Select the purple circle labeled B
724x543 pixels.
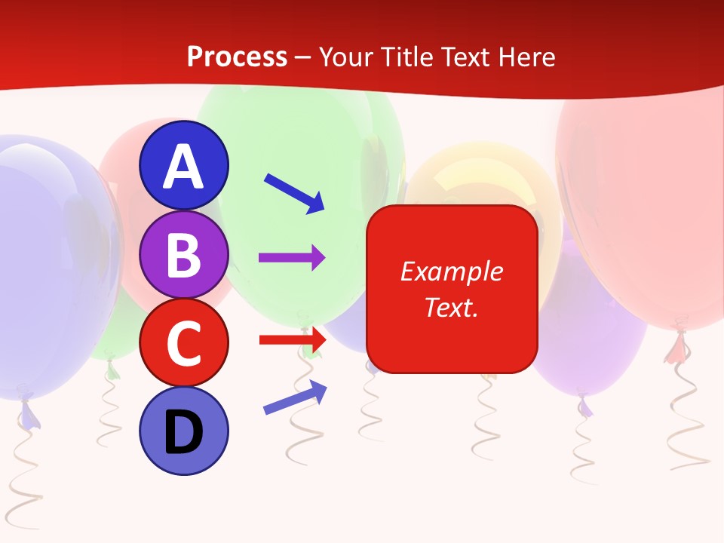click(183, 255)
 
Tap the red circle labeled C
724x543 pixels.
click(183, 342)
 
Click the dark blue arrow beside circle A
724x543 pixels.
click(295, 192)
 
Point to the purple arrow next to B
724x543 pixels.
click(292, 258)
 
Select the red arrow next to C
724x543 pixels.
click(292, 340)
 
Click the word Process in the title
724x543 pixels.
click(237, 57)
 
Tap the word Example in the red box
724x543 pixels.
click(451, 271)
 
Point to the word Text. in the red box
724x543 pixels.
click(451, 308)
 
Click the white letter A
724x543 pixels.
click(183, 167)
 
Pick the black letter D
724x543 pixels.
click(183, 432)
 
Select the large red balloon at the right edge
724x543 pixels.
click(649, 211)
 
